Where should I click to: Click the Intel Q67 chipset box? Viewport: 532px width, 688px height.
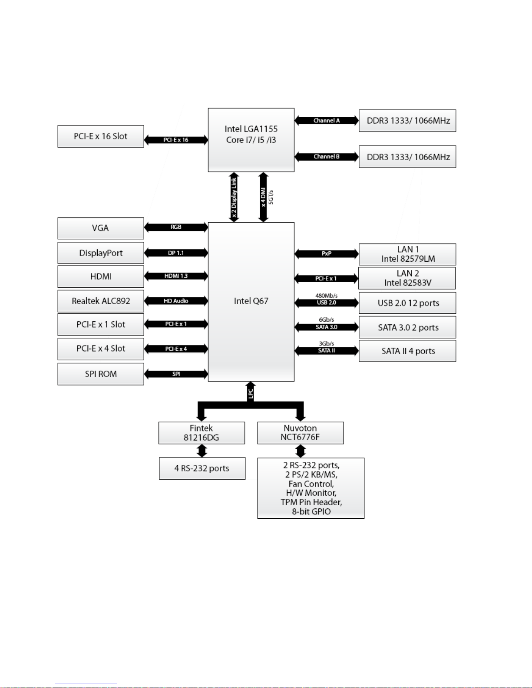(251, 302)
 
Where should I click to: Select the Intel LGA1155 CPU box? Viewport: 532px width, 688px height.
(251, 140)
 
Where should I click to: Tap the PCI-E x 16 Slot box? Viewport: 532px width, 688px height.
(101, 136)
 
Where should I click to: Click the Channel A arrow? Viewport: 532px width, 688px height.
(327, 121)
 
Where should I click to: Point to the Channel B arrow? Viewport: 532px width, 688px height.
(327, 157)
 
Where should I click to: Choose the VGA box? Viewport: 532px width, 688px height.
(101, 228)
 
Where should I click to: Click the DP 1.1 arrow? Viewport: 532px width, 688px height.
(176, 253)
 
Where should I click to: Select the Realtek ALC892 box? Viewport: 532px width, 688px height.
(101, 301)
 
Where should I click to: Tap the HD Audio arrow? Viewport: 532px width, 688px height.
(176, 301)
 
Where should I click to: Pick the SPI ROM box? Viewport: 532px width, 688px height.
(101, 374)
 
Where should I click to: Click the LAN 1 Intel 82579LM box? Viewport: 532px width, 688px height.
(407, 254)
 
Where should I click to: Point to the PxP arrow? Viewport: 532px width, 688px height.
(327, 253)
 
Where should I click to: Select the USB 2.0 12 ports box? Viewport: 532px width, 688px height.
(407, 303)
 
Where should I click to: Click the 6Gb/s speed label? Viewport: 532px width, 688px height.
(327, 320)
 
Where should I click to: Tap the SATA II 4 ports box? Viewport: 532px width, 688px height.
(407, 351)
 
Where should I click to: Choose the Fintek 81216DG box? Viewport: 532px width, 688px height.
(202, 433)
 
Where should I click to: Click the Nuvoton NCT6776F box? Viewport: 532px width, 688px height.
(301, 433)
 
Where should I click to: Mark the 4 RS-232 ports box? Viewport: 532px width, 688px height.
(202, 468)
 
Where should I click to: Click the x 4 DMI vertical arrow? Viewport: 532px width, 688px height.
(263, 197)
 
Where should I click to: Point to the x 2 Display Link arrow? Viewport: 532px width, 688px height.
(234, 197)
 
